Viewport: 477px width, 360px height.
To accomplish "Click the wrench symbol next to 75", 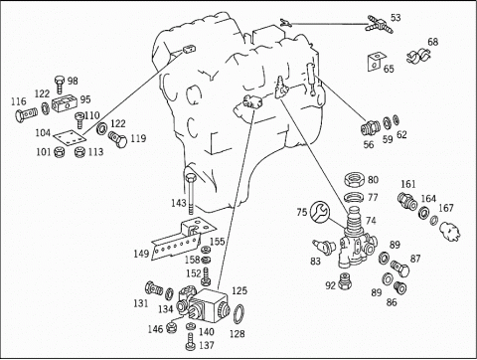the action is pos(320,211).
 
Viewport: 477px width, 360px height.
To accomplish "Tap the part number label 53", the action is pos(396,18).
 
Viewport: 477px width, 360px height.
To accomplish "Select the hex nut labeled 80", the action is pos(354,180).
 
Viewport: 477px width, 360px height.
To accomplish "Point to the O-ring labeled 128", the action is pos(239,314).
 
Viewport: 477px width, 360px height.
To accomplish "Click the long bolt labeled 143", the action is pos(191,193).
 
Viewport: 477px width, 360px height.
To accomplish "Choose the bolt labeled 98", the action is pos(60,85).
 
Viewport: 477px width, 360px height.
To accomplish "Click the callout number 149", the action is pos(141,254).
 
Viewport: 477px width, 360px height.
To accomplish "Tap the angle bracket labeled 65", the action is pos(376,62).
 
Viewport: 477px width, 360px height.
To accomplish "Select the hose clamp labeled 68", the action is pos(417,56).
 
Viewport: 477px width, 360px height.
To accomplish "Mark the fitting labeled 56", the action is pos(370,127).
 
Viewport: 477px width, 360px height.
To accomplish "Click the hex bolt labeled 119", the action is pos(118,140).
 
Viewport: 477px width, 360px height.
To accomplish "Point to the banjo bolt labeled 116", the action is pos(26,115).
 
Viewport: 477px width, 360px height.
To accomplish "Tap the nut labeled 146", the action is pos(171,327).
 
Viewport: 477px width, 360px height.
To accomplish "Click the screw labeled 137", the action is pos(190,342).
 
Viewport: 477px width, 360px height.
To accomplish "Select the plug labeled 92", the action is pos(345,281).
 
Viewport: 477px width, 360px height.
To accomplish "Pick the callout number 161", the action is pos(408,184).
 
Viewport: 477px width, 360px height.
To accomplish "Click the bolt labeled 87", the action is pos(400,269).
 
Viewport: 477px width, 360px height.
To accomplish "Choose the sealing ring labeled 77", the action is pos(354,197).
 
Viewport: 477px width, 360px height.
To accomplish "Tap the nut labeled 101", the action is pos(59,152).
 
